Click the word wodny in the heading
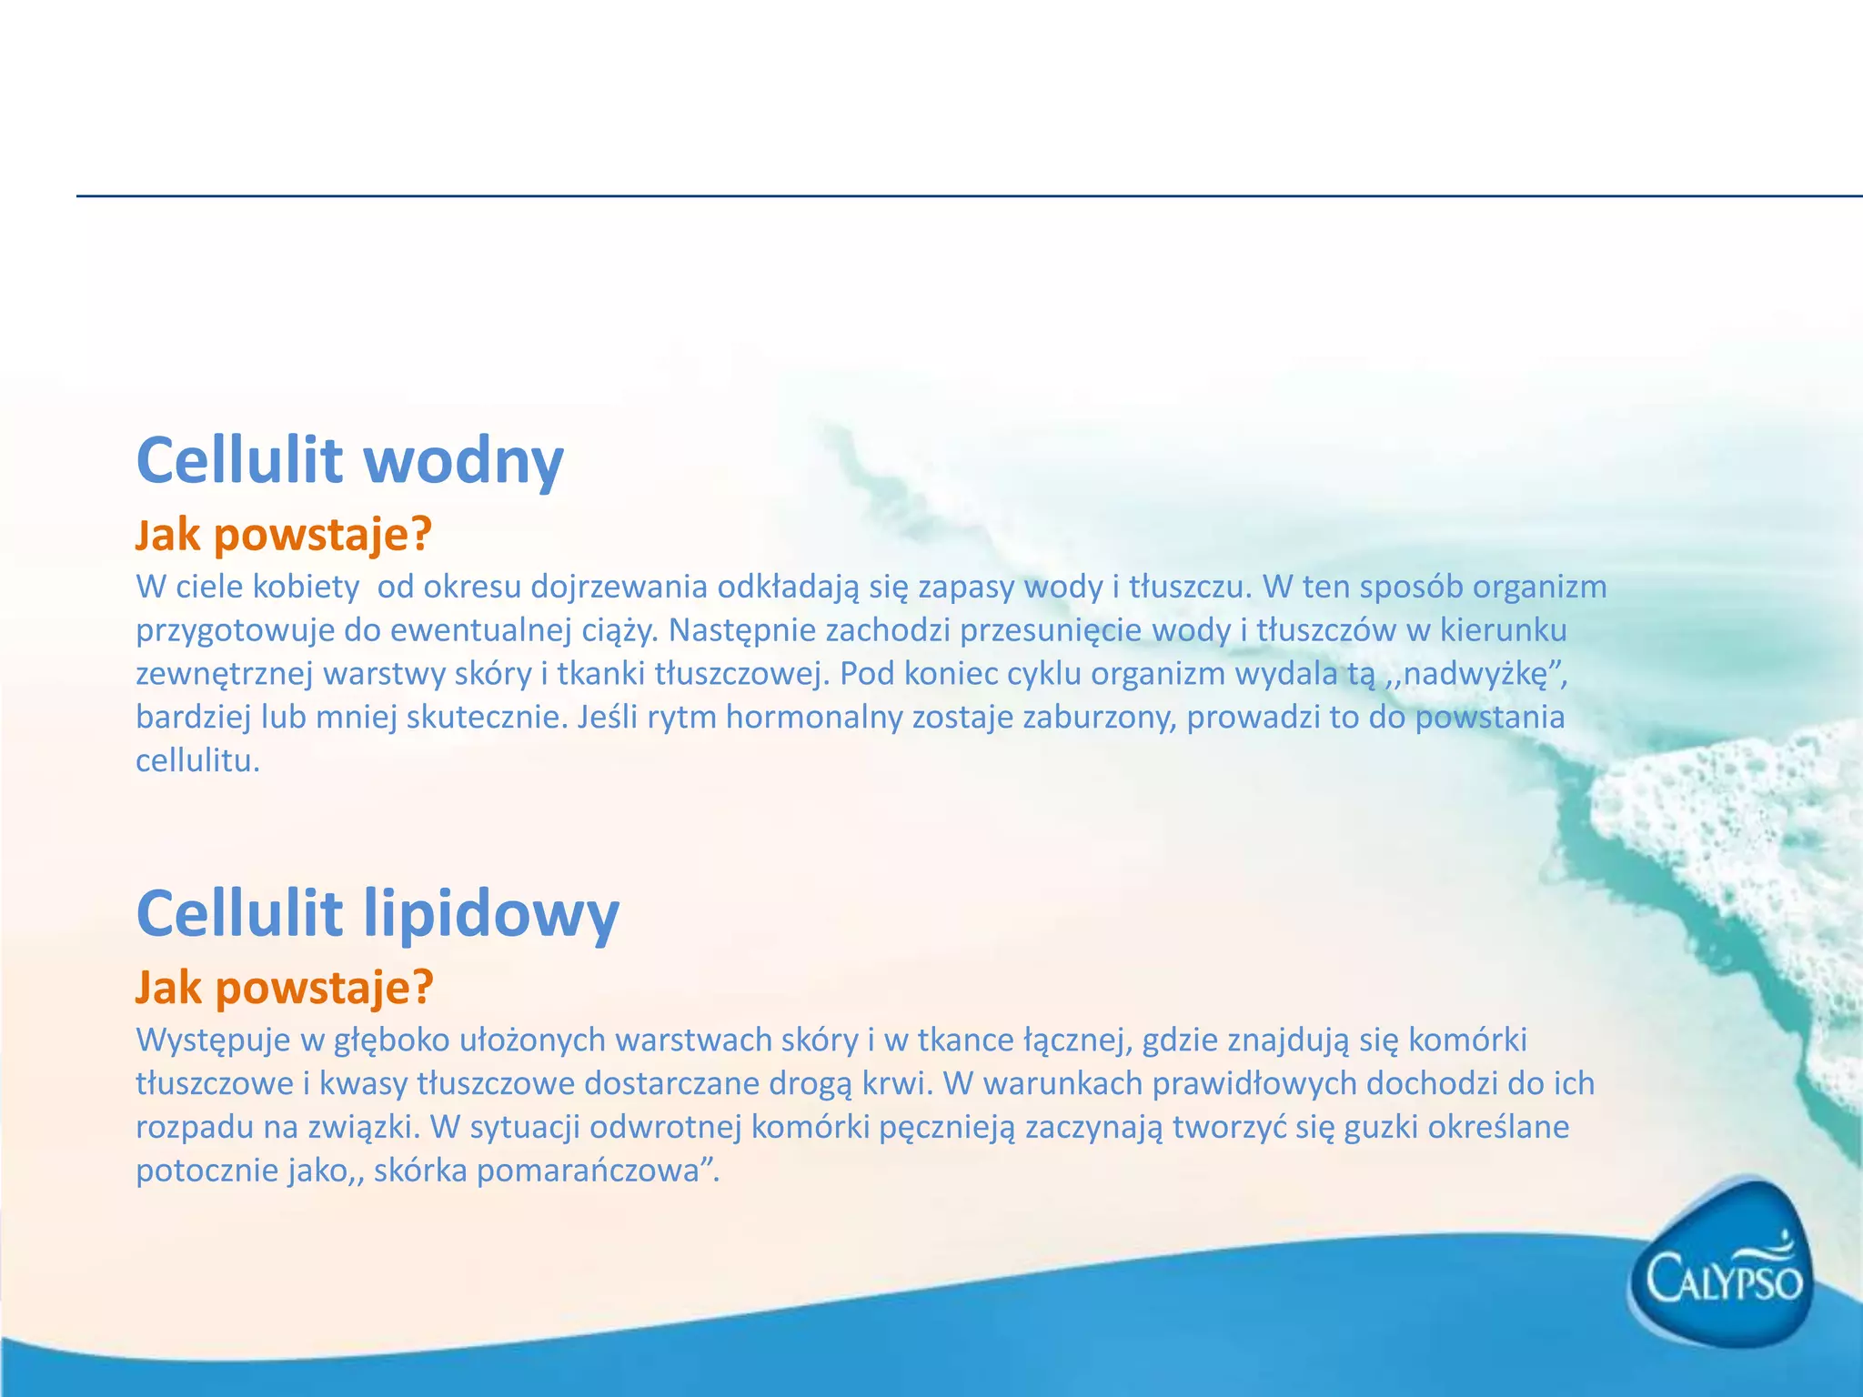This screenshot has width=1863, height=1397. point(464,461)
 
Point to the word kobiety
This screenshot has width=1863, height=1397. point(306,587)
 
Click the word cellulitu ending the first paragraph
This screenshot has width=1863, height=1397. point(196,761)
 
